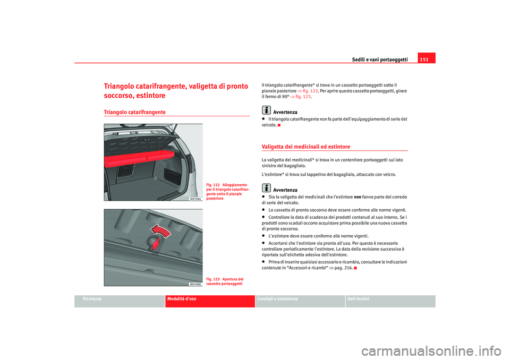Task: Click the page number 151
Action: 424,59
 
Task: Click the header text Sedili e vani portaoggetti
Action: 379,59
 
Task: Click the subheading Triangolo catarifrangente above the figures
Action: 134,112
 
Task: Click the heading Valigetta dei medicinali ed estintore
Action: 306,147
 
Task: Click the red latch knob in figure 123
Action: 156,243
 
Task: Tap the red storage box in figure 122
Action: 139,158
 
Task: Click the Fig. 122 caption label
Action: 212,185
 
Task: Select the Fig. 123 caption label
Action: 212,279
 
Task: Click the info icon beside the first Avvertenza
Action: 266,110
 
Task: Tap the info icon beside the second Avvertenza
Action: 266,187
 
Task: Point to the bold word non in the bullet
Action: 358,197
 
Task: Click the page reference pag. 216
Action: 344,268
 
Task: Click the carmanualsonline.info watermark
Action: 431,352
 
